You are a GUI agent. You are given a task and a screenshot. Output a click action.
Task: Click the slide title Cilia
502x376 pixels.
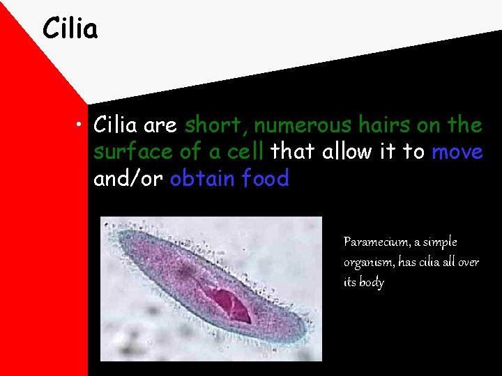click(70, 29)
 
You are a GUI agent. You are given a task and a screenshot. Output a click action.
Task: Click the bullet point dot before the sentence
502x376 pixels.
click(82, 126)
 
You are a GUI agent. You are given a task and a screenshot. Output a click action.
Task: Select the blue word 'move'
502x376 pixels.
click(457, 151)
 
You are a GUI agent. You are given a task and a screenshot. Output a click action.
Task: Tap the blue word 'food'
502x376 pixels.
click(266, 178)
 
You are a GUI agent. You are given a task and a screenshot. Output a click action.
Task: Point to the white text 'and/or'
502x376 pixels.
click(128, 179)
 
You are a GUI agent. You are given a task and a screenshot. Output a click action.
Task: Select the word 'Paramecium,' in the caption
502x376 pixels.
click(375, 242)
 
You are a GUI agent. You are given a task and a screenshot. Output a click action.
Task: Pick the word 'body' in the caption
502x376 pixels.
click(371, 283)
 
